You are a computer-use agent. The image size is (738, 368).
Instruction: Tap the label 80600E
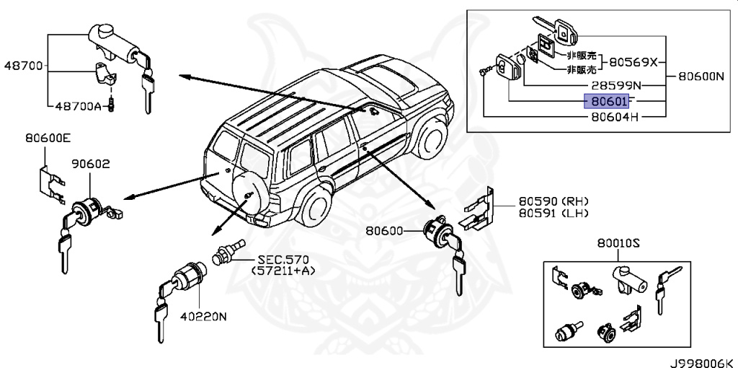[x=47, y=137]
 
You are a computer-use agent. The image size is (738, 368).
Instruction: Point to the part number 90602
[x=90, y=164]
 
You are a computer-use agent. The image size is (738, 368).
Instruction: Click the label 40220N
[x=203, y=315]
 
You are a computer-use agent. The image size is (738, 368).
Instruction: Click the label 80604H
[x=615, y=115]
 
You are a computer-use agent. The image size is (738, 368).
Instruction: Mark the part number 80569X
[x=634, y=62]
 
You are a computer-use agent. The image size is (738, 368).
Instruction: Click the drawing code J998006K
[x=698, y=360]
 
